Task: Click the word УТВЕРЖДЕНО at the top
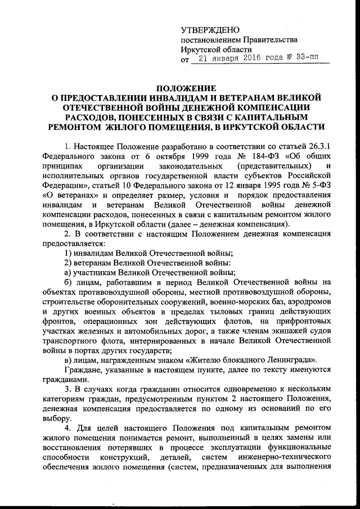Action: coord(210,29)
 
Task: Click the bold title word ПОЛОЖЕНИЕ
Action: coord(186,88)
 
